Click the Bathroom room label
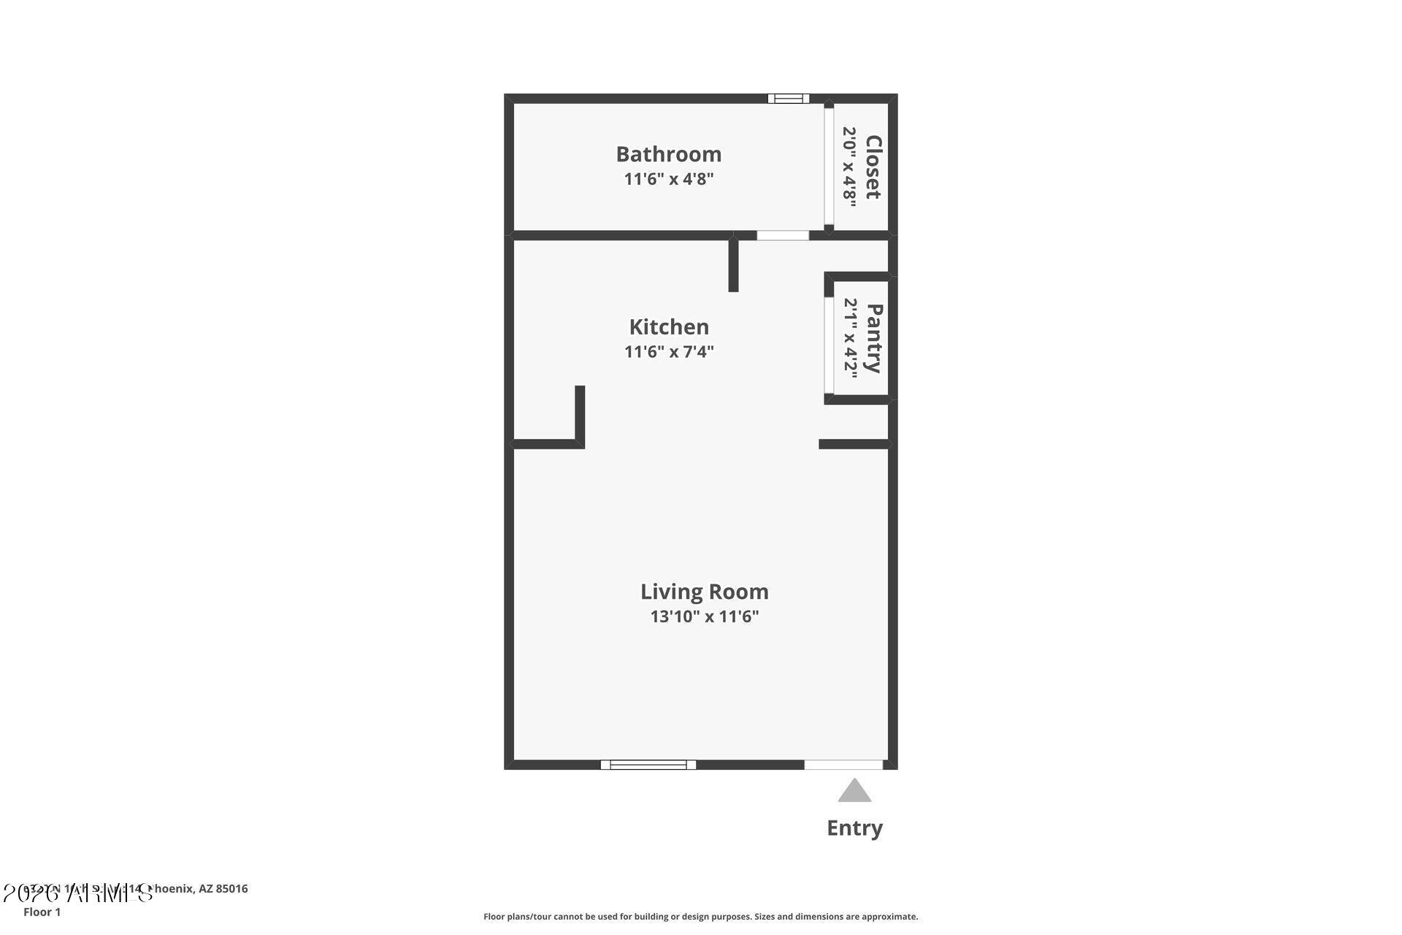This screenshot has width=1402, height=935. pyautogui.click(x=668, y=154)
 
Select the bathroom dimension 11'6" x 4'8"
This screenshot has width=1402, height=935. pyautogui.click(x=668, y=179)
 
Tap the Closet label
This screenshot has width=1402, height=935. pyautogui.click(x=873, y=167)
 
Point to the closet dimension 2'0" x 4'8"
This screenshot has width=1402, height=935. pyautogui.click(x=849, y=167)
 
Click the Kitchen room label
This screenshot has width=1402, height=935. pyautogui.click(x=669, y=327)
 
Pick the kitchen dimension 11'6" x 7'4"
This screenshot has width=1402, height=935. pyautogui.click(x=668, y=351)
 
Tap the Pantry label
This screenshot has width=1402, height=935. pyautogui.click(x=874, y=338)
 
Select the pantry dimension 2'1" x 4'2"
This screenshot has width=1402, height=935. pyautogui.click(x=851, y=337)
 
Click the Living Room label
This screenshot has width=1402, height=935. pyautogui.click(x=704, y=591)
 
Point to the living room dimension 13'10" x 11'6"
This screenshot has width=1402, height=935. pyautogui.click(x=704, y=617)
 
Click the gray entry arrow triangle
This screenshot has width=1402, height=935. pyautogui.click(x=854, y=792)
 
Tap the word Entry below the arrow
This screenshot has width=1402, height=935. pyautogui.click(x=854, y=828)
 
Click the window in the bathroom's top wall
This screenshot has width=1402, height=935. pyautogui.click(x=788, y=99)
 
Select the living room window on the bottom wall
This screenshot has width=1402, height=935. pyautogui.click(x=648, y=765)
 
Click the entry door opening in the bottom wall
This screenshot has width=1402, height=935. pyautogui.click(x=843, y=765)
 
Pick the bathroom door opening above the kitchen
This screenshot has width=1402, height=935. pyautogui.click(x=783, y=235)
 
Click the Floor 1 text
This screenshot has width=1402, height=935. pyautogui.click(x=42, y=912)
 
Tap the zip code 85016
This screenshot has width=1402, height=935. pyautogui.click(x=231, y=888)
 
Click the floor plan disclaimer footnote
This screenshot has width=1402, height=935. pyautogui.click(x=700, y=916)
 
